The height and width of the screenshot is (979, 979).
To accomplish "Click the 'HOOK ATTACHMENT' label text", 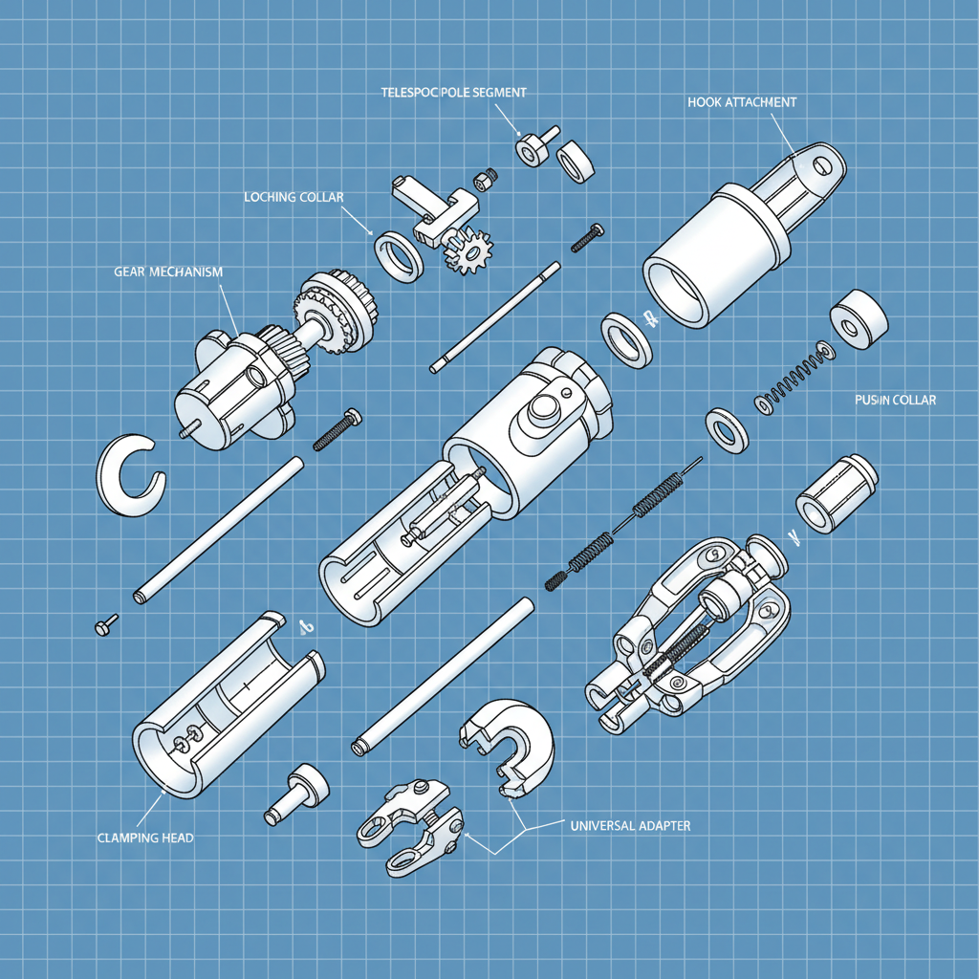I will click(x=741, y=101).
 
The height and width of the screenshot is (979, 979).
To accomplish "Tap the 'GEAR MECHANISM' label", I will click(x=167, y=272).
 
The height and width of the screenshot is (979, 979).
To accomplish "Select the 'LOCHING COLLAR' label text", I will click(x=294, y=197).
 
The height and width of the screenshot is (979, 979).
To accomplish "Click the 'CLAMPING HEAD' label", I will click(x=145, y=838).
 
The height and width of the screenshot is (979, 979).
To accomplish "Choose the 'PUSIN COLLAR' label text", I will click(x=895, y=400).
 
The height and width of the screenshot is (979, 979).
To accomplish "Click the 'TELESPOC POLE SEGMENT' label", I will click(x=454, y=92).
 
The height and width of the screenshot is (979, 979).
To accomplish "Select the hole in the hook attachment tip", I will click(x=819, y=164).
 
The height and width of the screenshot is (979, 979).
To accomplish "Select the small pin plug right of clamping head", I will click(x=298, y=792).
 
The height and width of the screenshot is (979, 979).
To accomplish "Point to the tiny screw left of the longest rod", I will click(x=105, y=624).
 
